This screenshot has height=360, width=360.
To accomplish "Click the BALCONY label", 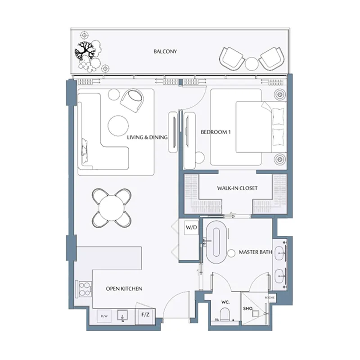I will point(165,52).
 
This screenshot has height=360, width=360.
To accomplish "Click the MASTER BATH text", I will point(255,252).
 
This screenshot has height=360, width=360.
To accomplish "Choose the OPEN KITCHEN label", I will point(124,288).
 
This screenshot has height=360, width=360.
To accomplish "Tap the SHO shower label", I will point(247,309).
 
